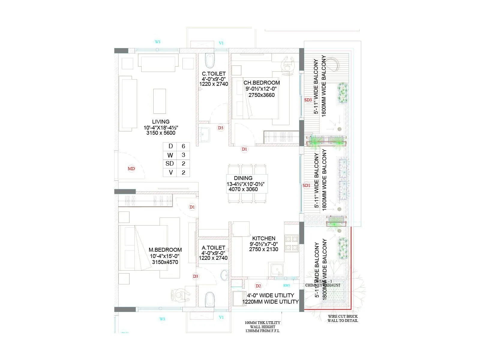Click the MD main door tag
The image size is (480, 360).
pyautogui.click(x=131, y=169)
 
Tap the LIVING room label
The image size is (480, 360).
pyautogui.click(x=161, y=121)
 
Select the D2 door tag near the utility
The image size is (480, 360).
pyautogui.click(x=258, y=286)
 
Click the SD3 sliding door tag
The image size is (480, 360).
pyautogui.click(x=308, y=100)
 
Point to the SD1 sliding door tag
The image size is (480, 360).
pyautogui.click(x=306, y=186)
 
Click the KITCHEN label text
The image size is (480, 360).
pyautogui.click(x=264, y=238)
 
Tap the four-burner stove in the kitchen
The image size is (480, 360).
pyautogui.click(x=291, y=243)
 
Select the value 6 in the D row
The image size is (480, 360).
pyautogui.click(x=183, y=146)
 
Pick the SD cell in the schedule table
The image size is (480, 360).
pyautogui.click(x=169, y=163)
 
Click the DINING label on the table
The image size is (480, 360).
pyautogui.click(x=243, y=178)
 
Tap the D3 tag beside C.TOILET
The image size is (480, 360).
pyautogui.click(x=220, y=128)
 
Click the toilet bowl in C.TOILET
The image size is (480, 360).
pyautogui.click(x=210, y=61)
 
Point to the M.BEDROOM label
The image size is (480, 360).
pyautogui.click(x=165, y=250)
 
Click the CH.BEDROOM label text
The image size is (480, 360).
pyautogui.click(x=262, y=82)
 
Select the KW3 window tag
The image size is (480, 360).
pyautogui.click(x=286, y=286)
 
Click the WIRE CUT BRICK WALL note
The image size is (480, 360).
pyautogui.click(x=343, y=318)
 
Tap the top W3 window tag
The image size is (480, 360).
pyautogui.click(x=157, y=42)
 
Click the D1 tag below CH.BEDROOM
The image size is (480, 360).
pyautogui.click(x=244, y=149)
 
